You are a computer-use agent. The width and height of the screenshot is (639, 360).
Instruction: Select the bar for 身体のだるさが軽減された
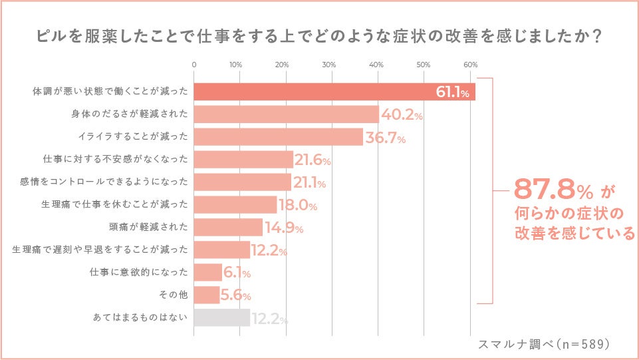pyautogui.click(x=286, y=114)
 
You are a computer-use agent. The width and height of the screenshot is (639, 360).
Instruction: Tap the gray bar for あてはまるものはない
pyautogui.click(x=221, y=318)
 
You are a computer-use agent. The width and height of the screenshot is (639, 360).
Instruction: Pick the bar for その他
pyautogui.click(x=206, y=295)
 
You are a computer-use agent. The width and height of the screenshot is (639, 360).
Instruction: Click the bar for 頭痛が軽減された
pyautogui.click(x=228, y=228)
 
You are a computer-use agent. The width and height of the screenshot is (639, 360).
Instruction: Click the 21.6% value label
pyautogui.click(x=313, y=160)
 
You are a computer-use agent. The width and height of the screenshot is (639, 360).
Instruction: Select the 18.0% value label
pyautogui.click(x=297, y=206)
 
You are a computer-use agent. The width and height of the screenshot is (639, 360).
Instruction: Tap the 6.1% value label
pyautogui.click(x=237, y=273)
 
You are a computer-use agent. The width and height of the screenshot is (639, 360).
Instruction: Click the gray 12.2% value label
pyautogui.click(x=269, y=319)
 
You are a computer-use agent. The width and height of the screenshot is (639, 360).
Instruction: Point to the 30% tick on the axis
pyautogui.click(x=328, y=65)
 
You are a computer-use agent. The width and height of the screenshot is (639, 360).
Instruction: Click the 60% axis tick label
pyautogui.click(x=470, y=65)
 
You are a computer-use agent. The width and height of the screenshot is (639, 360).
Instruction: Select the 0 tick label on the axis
pyautogui.click(x=193, y=65)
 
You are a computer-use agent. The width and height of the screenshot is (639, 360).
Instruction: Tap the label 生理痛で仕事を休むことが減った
pyautogui.click(x=114, y=204)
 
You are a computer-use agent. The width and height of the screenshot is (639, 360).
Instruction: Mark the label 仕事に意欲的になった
pyautogui.click(x=139, y=272)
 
